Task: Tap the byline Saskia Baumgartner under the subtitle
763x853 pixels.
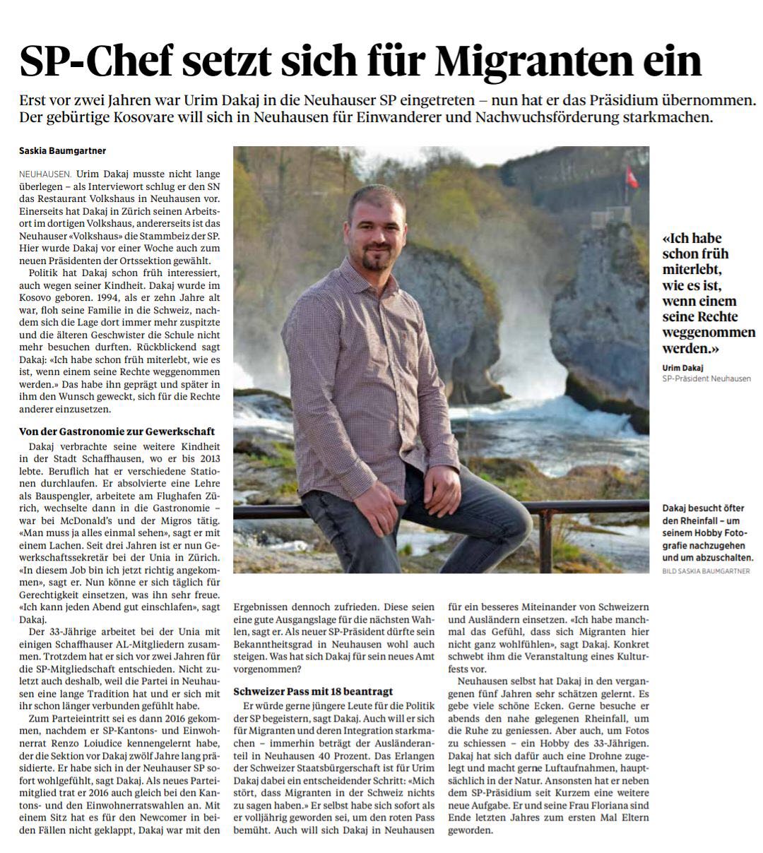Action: (63, 150)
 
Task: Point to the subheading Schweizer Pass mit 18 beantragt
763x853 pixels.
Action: (313, 691)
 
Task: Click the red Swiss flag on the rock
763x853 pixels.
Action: (632, 177)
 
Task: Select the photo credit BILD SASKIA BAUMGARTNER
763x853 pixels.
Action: (706, 571)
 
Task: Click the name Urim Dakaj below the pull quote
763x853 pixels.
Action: (683, 367)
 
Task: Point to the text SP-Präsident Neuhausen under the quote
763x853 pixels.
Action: (706, 378)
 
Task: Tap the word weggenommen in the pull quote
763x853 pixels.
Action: (699, 333)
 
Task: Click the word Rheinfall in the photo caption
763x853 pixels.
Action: (689, 520)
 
